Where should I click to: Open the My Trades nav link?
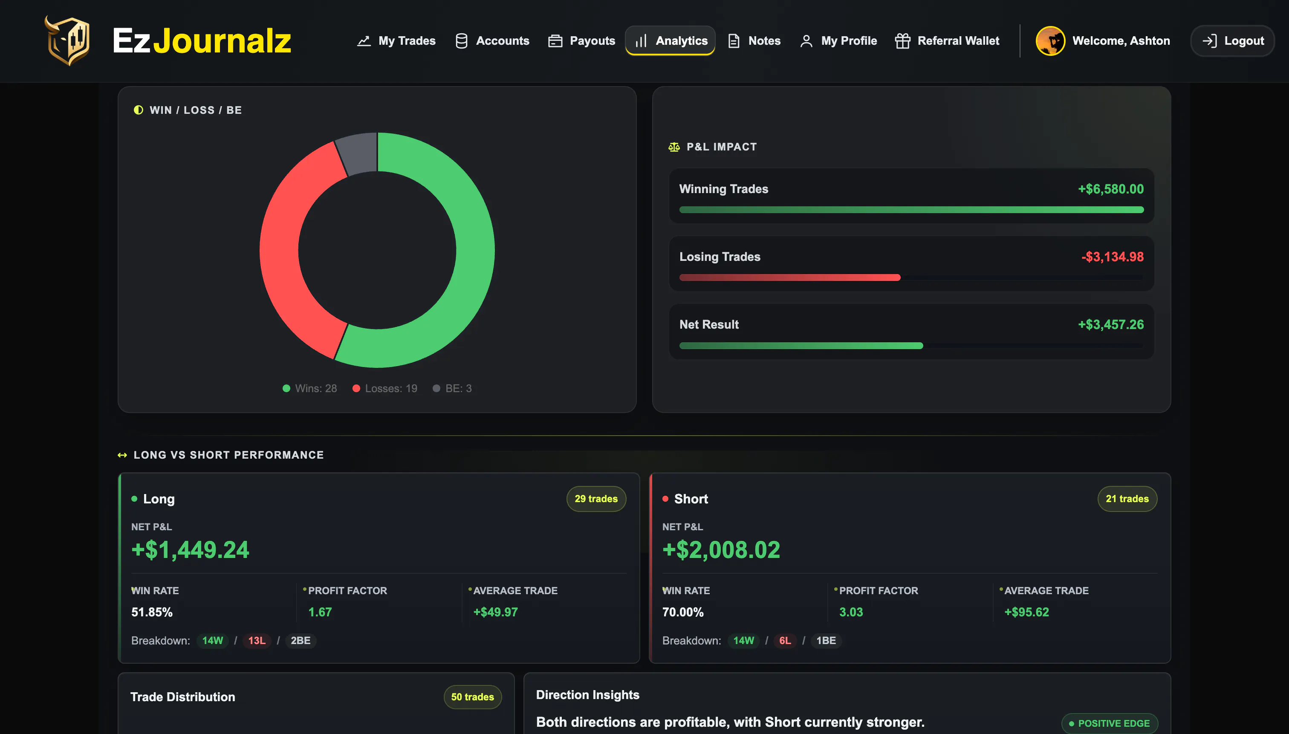(x=396, y=41)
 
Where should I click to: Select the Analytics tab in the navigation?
(x=670, y=41)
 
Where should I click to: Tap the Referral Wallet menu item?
(x=947, y=41)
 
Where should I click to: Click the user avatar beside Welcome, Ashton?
(x=1050, y=41)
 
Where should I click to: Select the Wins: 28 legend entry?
(x=309, y=388)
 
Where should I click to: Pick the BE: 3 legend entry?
(x=452, y=388)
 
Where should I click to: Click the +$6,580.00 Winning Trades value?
(x=1110, y=189)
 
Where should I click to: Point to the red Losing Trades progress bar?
(x=789, y=277)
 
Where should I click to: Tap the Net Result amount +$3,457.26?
(x=1110, y=325)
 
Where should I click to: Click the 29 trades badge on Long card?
(x=596, y=499)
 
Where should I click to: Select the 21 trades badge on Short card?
(x=1127, y=499)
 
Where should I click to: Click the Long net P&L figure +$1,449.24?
(x=190, y=549)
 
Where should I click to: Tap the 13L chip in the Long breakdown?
(x=257, y=640)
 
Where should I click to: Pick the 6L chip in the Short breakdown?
(x=785, y=640)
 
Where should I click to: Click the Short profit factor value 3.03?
(x=851, y=612)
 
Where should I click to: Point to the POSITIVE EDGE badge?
(x=1109, y=723)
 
